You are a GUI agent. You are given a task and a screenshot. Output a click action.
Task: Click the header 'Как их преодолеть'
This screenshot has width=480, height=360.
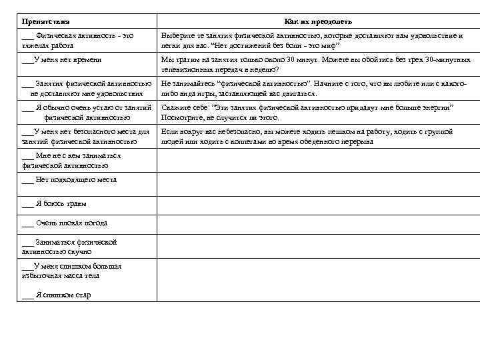[318, 22]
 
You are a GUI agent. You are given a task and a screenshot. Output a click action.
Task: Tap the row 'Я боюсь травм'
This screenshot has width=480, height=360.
[54, 203]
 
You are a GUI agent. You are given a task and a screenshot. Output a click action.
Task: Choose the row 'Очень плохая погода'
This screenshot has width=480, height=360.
[64, 223]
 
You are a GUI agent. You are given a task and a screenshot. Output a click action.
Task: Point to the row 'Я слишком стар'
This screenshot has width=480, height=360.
[56, 295]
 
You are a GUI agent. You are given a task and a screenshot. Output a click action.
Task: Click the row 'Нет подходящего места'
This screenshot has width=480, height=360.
[69, 179]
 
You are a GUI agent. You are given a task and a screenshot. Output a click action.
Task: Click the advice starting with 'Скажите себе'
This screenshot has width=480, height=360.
[307, 112]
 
